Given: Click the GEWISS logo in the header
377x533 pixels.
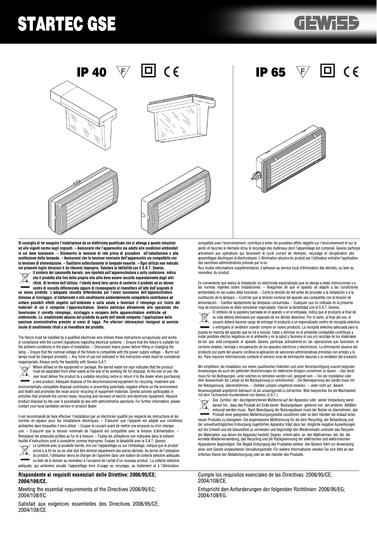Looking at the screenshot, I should tap(326, 23).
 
